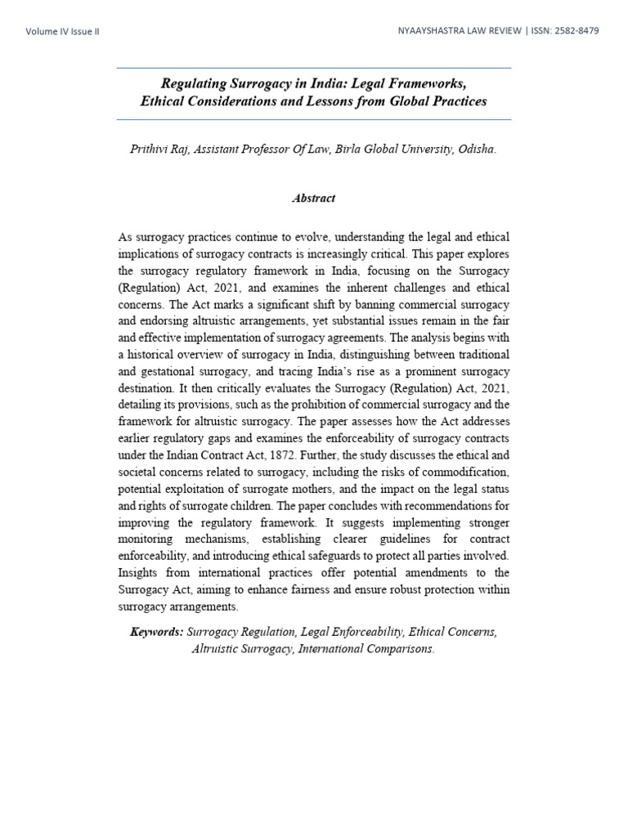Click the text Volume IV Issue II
[x=63, y=31]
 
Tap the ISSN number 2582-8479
[x=574, y=30]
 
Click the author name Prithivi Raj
[x=160, y=150]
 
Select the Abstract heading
[x=314, y=199]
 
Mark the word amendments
[x=442, y=573]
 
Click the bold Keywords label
[x=157, y=633]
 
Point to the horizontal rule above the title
[x=314, y=68]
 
